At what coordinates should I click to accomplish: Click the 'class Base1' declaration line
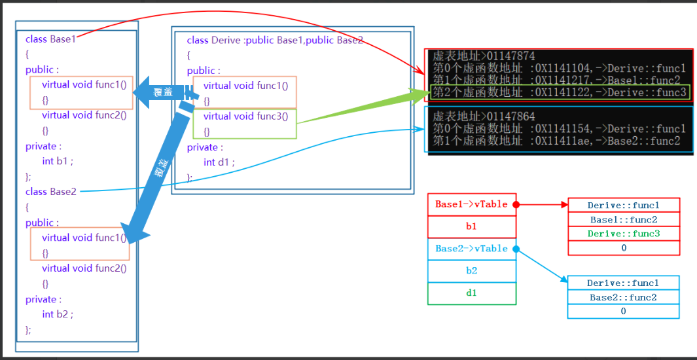coord(51,39)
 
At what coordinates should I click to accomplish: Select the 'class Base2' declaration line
coord(51,192)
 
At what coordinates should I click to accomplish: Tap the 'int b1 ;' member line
coord(58,161)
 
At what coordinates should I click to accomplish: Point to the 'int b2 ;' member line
coord(58,314)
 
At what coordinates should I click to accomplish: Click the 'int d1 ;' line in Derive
coord(219,162)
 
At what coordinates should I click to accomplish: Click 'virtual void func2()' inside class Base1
coord(84,115)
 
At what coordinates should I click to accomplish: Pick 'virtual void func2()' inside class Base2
coord(84,268)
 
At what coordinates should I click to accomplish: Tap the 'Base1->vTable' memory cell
coord(471,204)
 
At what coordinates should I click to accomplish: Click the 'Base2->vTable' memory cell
coord(471,249)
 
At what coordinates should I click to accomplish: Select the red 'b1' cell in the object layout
coord(471,226)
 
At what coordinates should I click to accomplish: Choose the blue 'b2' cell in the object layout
coord(471,271)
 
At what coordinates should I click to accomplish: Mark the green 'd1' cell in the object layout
coord(471,293)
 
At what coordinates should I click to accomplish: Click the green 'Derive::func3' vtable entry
coord(623,234)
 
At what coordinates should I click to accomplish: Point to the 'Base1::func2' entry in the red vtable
coord(623,220)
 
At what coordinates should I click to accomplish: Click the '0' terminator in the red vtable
coord(623,248)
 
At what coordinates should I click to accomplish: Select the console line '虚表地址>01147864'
coord(484,115)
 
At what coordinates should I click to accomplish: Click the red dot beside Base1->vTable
coord(516,205)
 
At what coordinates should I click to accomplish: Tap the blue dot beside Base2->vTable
coord(516,249)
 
